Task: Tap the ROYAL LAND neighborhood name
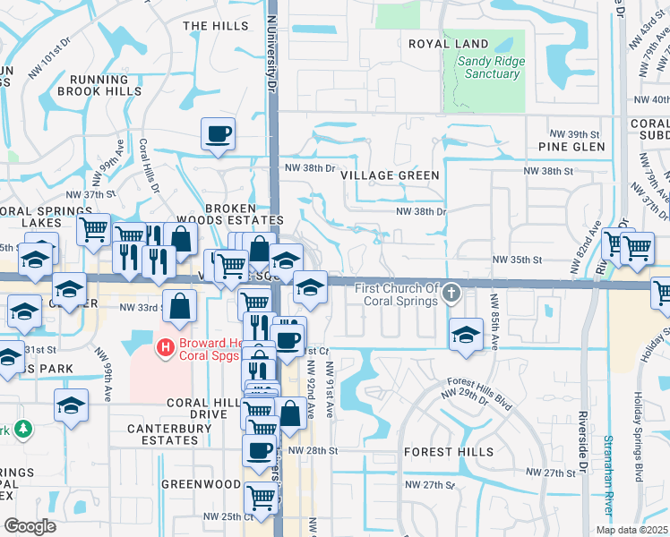pyautogui.click(x=449, y=44)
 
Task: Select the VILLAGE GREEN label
pyautogui.click(x=391, y=175)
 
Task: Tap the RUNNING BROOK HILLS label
pyautogui.click(x=99, y=84)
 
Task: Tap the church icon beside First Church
pyautogui.click(x=453, y=293)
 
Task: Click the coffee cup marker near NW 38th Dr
pyautogui.click(x=218, y=134)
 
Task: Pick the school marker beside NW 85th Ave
pyautogui.click(x=466, y=335)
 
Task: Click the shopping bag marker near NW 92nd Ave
pyautogui.click(x=290, y=413)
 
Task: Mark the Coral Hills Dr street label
pyautogui.click(x=149, y=166)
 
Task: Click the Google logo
pyautogui.click(x=30, y=526)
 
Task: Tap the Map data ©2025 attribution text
pyautogui.click(x=631, y=530)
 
